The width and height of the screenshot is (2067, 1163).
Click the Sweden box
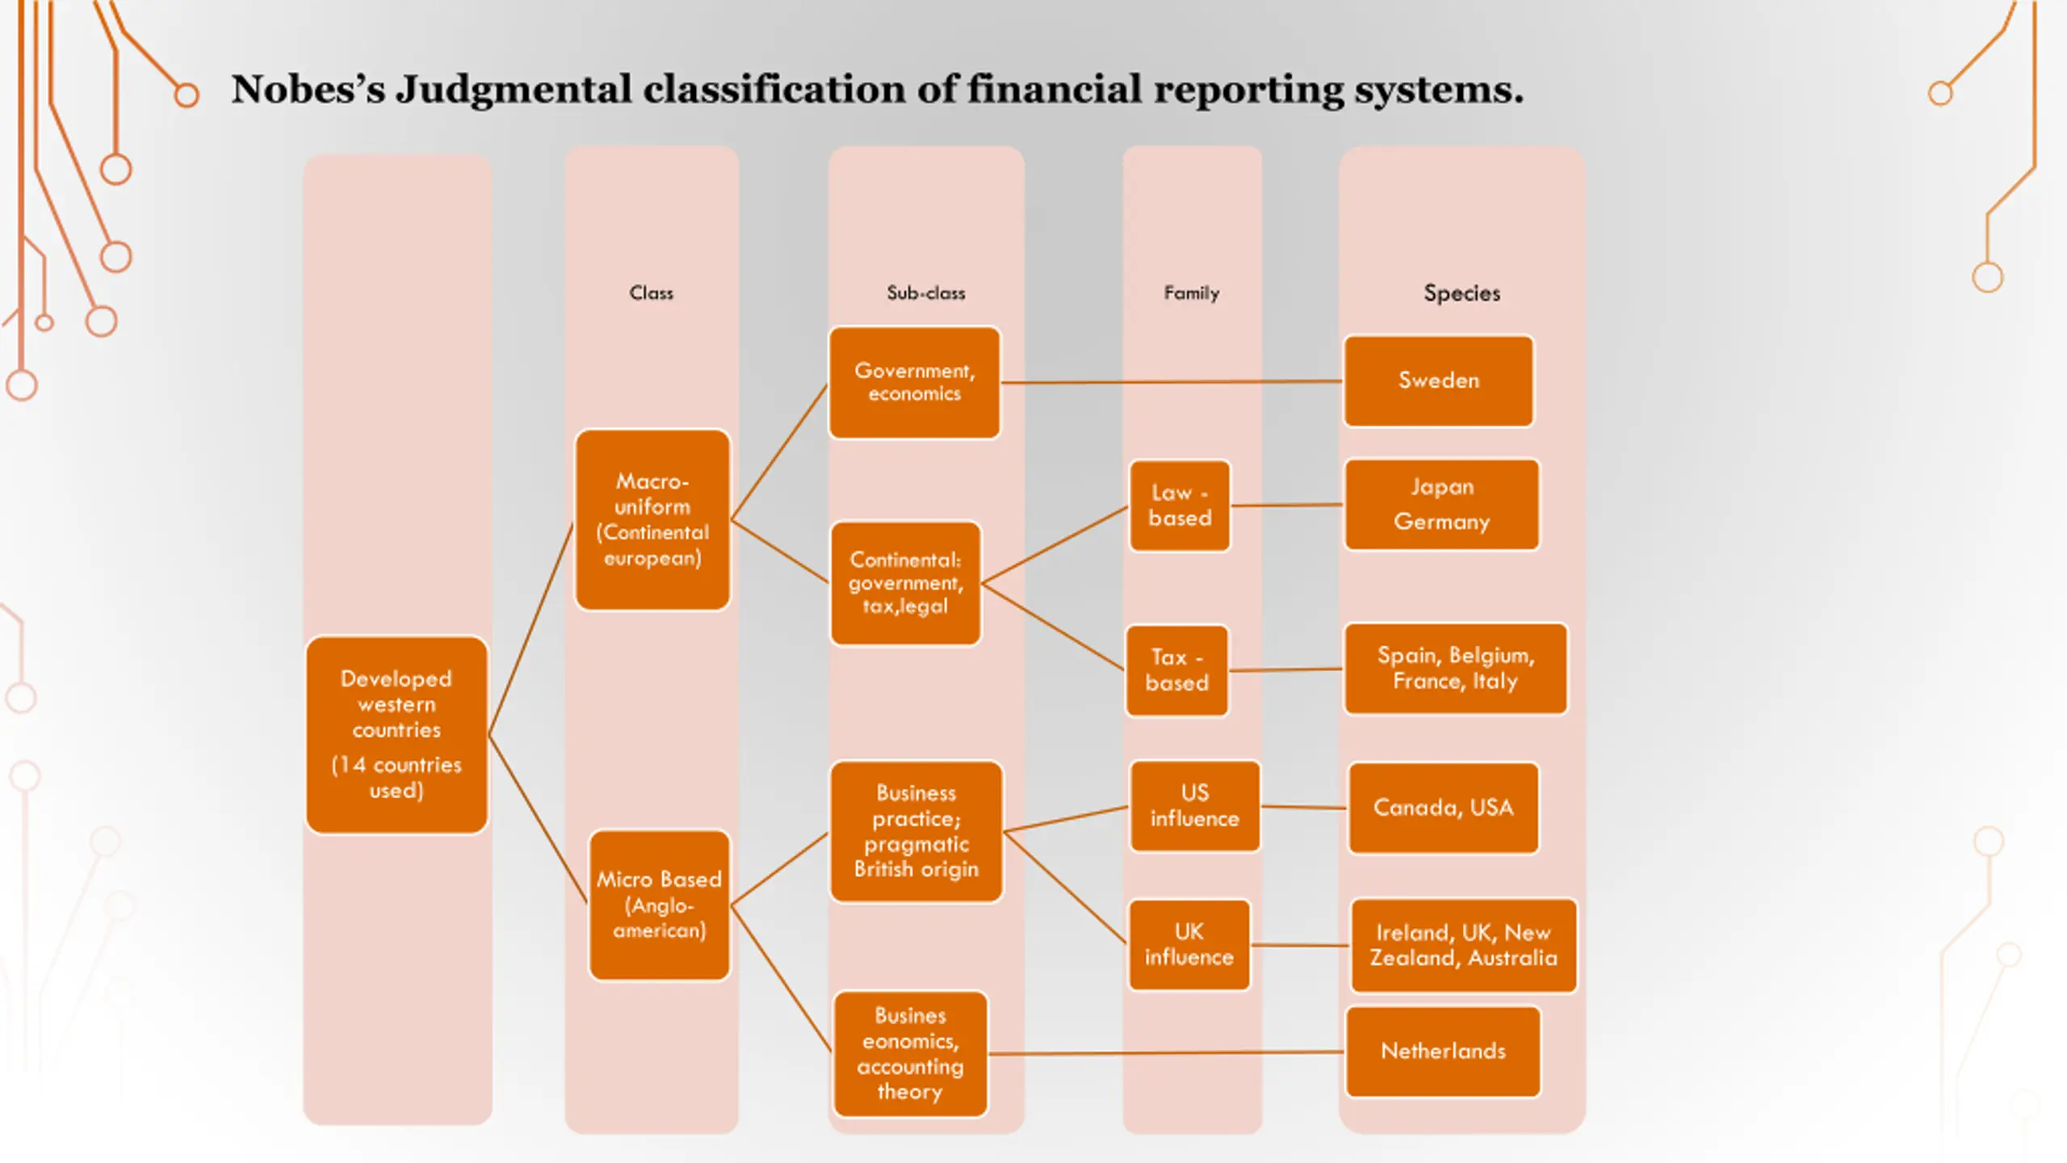click(x=1438, y=380)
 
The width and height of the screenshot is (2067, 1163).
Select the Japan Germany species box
click(x=1441, y=505)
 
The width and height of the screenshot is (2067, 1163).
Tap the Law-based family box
click(x=1180, y=506)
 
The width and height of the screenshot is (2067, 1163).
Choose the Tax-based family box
click(x=1176, y=670)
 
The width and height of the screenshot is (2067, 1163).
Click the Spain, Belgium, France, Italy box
click(x=1455, y=668)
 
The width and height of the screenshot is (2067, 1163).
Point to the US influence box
click(x=1195, y=806)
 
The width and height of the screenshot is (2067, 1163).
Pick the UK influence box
click(x=1189, y=945)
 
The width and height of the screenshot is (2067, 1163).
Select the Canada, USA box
click(x=1443, y=808)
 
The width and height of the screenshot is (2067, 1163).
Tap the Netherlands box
click(x=1443, y=1052)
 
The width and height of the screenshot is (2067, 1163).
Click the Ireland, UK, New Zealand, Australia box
click(x=1463, y=946)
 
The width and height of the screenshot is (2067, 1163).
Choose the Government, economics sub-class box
click(x=915, y=383)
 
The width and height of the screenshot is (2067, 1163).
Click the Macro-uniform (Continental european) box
click(x=652, y=519)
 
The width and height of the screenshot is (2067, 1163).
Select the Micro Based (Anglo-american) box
click(x=660, y=905)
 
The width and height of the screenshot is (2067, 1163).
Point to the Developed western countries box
click(x=396, y=735)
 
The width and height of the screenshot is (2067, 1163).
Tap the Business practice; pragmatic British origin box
click(x=916, y=831)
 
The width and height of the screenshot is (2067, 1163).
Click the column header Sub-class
click(x=925, y=293)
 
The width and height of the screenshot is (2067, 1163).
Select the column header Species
click(x=1461, y=293)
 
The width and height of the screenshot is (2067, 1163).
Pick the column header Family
click(x=1191, y=293)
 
